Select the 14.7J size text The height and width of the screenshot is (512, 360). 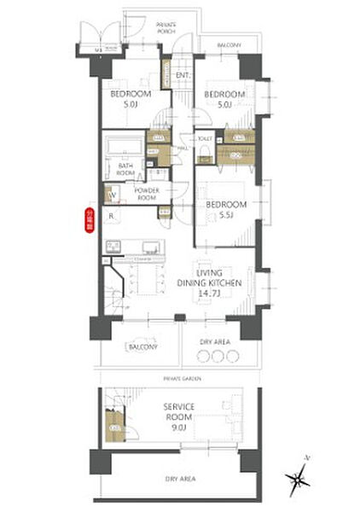(x=210, y=293)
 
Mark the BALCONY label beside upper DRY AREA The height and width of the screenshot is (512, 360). (x=141, y=347)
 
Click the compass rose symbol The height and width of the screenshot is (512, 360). (x=299, y=480)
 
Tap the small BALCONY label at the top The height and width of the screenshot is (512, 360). (x=228, y=45)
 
